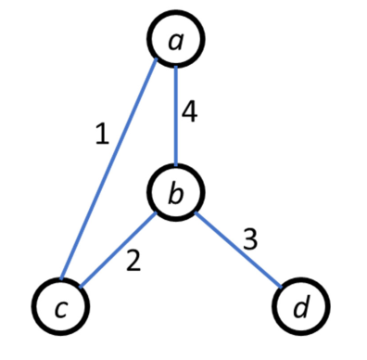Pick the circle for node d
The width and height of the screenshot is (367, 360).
click(x=299, y=303)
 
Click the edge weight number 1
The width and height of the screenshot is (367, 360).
click(x=102, y=135)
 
